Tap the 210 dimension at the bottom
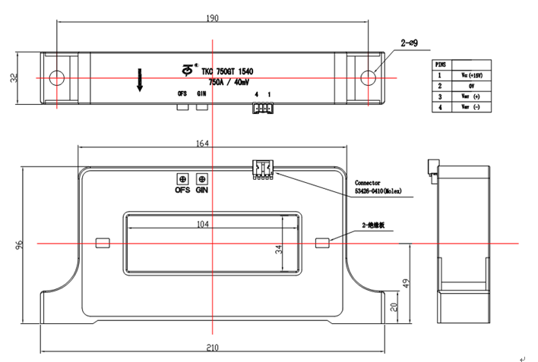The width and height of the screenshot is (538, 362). (x=211, y=348)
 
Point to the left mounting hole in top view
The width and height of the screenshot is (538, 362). (x=55, y=77)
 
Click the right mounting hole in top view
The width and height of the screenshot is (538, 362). (x=368, y=77)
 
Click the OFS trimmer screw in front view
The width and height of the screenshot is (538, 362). (x=182, y=178)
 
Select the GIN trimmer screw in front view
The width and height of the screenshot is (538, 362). (x=201, y=178)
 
